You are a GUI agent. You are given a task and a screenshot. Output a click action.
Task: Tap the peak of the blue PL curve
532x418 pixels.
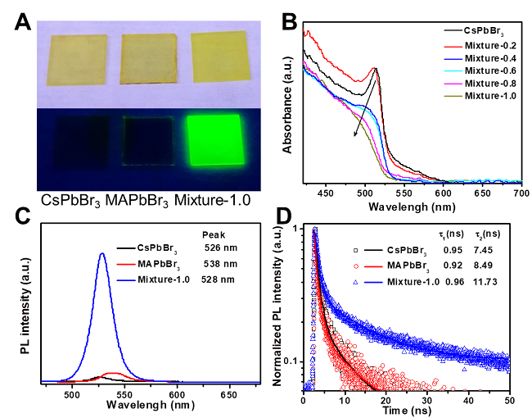point(101,254)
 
